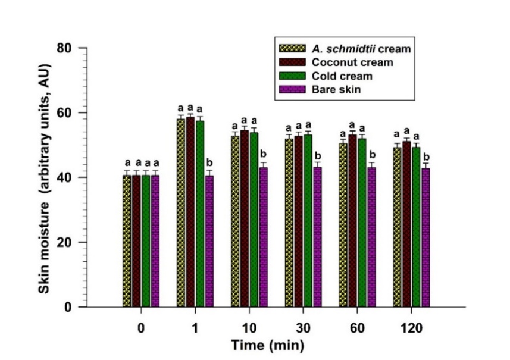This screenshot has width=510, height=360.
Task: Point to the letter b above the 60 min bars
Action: point(371,156)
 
